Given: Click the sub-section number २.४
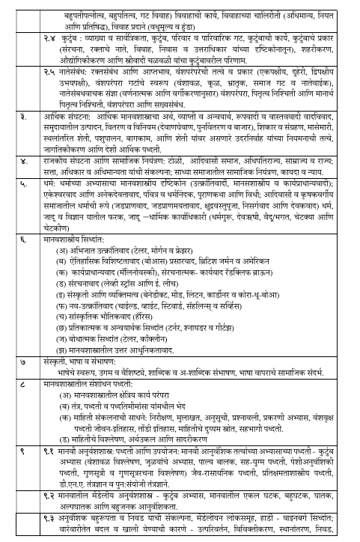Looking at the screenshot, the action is [53, 34].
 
